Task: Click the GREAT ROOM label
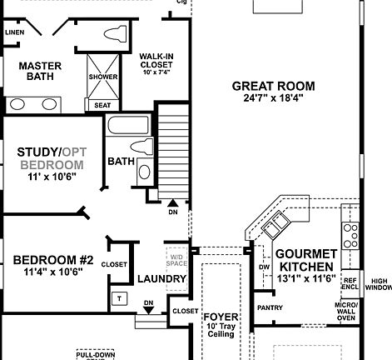(273, 85)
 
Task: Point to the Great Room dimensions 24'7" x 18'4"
(273, 98)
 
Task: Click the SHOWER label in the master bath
(102, 77)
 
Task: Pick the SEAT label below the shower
(102, 105)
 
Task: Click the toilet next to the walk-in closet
(114, 35)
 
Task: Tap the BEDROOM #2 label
(47, 265)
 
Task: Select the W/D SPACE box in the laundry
(176, 259)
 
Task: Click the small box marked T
(119, 297)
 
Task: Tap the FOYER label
(221, 317)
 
